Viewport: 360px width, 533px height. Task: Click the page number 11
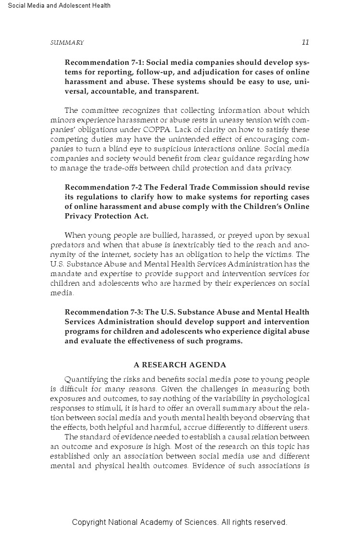click(x=305, y=42)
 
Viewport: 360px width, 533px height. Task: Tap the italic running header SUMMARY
click(x=67, y=43)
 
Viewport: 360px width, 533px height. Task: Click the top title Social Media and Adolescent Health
click(x=59, y=6)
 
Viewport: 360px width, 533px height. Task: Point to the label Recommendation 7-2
click(x=102, y=187)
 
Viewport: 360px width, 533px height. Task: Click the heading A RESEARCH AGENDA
click(x=180, y=365)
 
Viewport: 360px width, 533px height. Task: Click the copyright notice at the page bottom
click(x=180, y=522)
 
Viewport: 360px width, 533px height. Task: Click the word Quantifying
click(x=85, y=379)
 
